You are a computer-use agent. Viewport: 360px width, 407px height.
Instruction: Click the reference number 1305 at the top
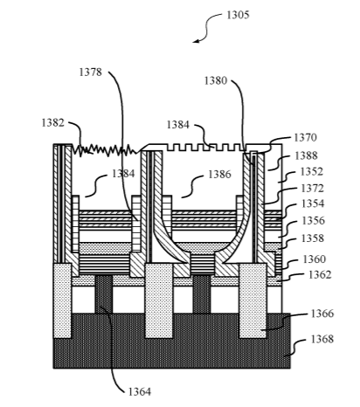coord(238,15)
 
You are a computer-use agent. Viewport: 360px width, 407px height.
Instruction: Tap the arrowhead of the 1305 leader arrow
coord(196,41)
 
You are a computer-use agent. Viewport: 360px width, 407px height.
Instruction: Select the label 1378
coord(91,72)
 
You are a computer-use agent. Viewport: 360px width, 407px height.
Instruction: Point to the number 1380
coord(215,80)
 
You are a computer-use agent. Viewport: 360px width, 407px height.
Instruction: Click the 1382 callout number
coord(52,122)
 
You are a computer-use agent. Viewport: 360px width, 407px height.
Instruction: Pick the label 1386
coord(219,175)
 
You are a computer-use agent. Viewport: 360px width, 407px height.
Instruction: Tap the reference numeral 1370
coord(305,138)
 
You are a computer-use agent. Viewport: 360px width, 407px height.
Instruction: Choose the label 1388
coord(306,156)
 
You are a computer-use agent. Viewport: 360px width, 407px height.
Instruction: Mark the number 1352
coord(312,172)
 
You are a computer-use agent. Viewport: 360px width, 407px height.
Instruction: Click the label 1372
coord(312,189)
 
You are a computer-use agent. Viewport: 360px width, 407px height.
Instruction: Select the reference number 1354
coord(313,203)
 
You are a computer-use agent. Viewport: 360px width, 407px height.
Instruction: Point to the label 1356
coord(313,221)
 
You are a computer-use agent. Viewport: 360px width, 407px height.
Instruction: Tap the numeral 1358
coord(313,238)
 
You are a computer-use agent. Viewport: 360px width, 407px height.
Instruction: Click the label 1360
coord(315,259)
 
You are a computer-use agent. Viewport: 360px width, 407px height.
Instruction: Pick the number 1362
coord(320,275)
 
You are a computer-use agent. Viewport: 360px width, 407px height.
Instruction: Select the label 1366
coord(322,314)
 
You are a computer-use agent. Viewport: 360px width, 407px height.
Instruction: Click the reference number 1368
coord(322,340)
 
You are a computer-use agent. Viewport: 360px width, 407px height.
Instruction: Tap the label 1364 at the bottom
coord(140,392)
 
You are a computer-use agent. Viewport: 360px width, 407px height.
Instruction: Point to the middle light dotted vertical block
coord(159,300)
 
